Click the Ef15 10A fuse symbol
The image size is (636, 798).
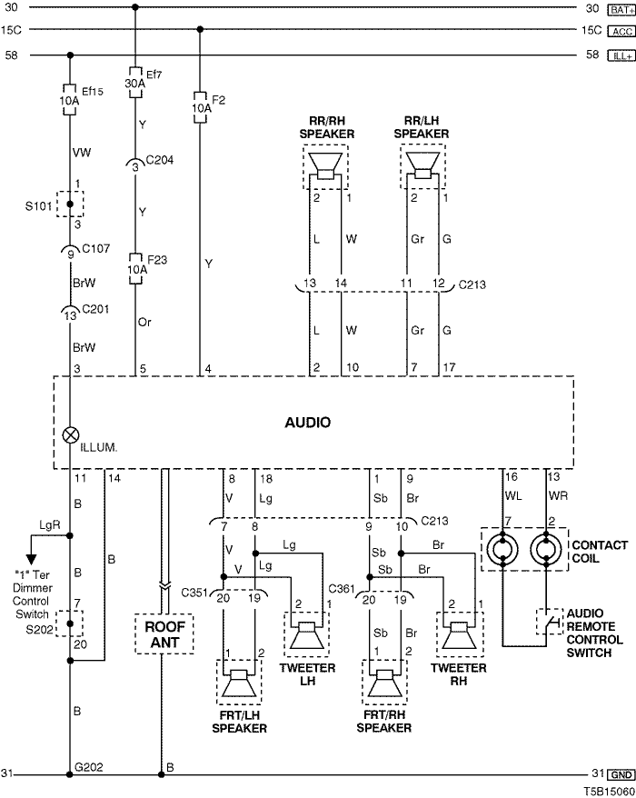[70, 99]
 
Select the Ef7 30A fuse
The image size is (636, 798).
[134, 82]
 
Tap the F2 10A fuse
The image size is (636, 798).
[200, 107]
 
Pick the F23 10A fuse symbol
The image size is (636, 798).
[135, 268]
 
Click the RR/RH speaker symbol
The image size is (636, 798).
[325, 166]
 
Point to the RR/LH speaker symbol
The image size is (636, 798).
[422, 166]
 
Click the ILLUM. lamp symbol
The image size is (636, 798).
[70, 434]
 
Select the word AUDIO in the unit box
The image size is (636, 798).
[307, 423]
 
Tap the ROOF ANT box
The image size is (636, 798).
[164, 634]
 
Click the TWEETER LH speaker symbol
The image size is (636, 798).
[307, 634]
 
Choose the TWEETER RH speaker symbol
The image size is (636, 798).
[460, 634]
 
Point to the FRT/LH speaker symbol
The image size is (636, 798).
[239, 682]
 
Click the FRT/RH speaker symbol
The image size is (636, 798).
[384, 682]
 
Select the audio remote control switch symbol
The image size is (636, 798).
[550, 622]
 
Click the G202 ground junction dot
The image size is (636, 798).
[70, 774]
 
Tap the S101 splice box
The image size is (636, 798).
[70, 204]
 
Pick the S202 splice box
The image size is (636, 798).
[70, 623]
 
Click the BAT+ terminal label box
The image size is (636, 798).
[621, 10]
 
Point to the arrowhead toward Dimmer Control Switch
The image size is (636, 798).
[31, 559]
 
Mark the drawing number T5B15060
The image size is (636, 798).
[609, 792]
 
